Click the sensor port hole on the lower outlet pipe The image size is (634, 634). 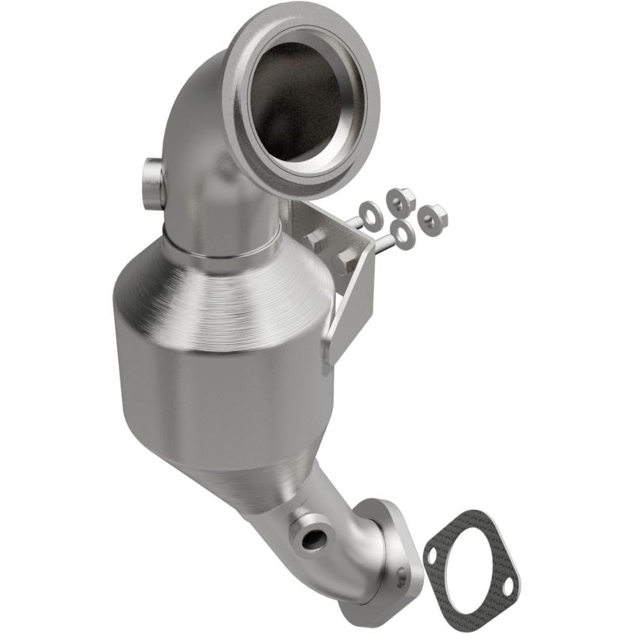click(312, 540)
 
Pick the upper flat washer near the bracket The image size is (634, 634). click(369, 212)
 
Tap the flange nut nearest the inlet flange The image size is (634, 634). click(401, 200)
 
